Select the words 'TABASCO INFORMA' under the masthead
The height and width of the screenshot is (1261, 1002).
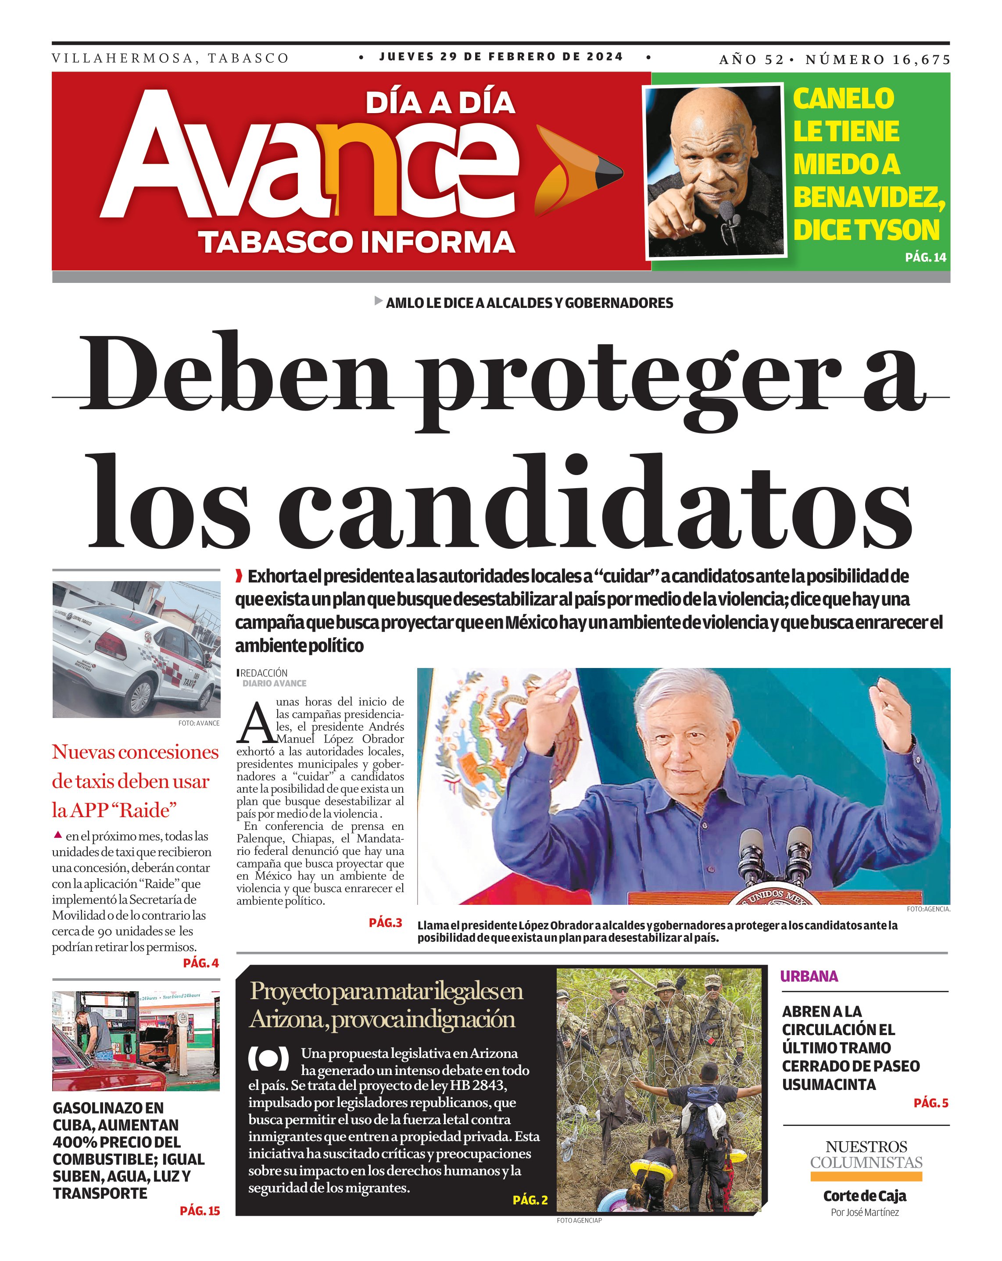click(x=356, y=242)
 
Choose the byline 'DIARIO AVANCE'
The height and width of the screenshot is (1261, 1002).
click(x=274, y=683)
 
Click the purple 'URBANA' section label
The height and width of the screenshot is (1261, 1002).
click(x=809, y=976)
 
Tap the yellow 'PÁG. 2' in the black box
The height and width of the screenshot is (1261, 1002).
click(x=530, y=1200)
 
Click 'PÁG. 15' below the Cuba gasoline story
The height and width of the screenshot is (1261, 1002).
click(x=200, y=1211)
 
